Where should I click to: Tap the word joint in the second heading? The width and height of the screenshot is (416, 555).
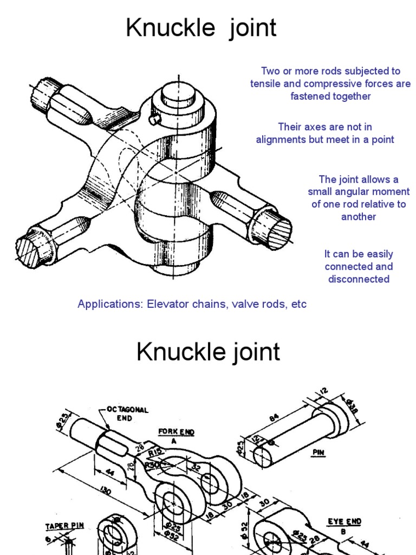point(253,352)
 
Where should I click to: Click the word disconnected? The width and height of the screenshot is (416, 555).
point(359,279)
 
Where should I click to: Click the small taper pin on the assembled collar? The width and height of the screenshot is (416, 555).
point(155,118)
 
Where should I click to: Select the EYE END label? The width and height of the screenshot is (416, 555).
point(344,521)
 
